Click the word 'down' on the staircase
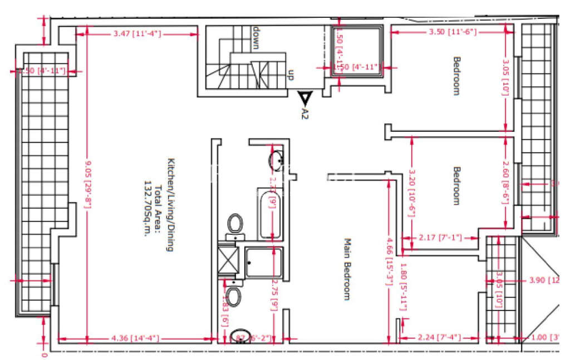point(257,38)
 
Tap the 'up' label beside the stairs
point(290,76)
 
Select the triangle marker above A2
point(304,98)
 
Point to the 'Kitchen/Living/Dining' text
point(171,205)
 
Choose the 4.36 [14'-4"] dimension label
point(135,338)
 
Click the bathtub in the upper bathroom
point(269,214)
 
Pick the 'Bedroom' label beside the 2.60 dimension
point(456,186)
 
